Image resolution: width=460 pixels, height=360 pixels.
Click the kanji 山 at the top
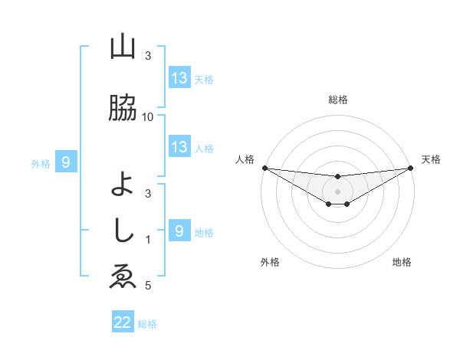click(x=123, y=48)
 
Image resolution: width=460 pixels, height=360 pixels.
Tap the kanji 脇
click(x=123, y=108)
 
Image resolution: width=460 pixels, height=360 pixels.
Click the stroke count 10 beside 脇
click(x=148, y=116)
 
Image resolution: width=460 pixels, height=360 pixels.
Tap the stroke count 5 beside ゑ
click(x=148, y=286)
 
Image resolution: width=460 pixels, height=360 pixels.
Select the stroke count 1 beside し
click(x=148, y=240)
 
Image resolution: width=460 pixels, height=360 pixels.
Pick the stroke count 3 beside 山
click(x=148, y=56)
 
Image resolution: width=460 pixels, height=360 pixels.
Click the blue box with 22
click(x=123, y=322)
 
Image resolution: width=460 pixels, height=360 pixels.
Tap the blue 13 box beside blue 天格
click(x=179, y=78)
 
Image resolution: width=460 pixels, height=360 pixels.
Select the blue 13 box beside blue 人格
click(x=179, y=148)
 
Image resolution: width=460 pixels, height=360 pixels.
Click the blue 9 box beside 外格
click(x=66, y=162)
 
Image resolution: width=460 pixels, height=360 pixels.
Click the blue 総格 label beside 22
click(x=147, y=324)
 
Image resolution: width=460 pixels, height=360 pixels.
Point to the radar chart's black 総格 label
click(x=337, y=100)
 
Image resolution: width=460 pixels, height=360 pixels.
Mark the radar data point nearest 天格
click(x=412, y=168)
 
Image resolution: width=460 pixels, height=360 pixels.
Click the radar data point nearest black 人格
click(x=264, y=168)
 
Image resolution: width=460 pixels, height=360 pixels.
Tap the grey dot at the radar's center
click(x=337, y=191)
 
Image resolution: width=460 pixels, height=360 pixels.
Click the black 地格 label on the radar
click(x=402, y=262)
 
